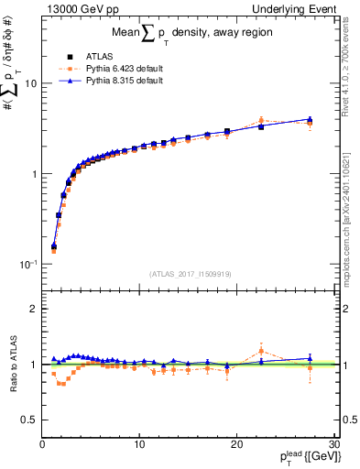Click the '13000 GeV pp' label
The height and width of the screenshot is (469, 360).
[74, 8]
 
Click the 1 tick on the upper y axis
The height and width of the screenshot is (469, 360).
[33, 174]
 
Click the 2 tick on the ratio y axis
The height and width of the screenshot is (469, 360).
[33, 310]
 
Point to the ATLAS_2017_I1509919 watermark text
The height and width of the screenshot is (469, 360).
[189, 272]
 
